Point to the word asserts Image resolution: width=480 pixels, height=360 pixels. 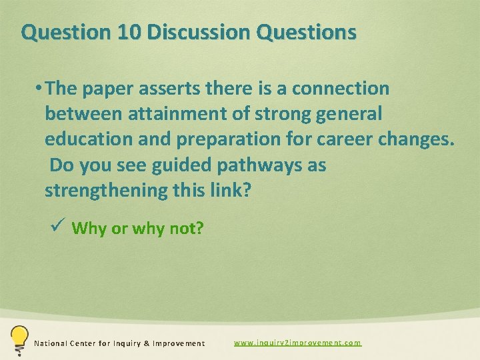tap(175, 88)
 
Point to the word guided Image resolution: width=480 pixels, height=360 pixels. tap(177, 165)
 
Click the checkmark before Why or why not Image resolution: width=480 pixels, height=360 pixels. tap(57, 227)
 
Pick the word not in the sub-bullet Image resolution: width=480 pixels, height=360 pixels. tap(188, 229)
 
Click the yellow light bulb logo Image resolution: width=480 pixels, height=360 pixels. tap(19, 339)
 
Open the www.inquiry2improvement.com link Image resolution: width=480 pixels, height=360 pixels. tap(297, 343)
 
